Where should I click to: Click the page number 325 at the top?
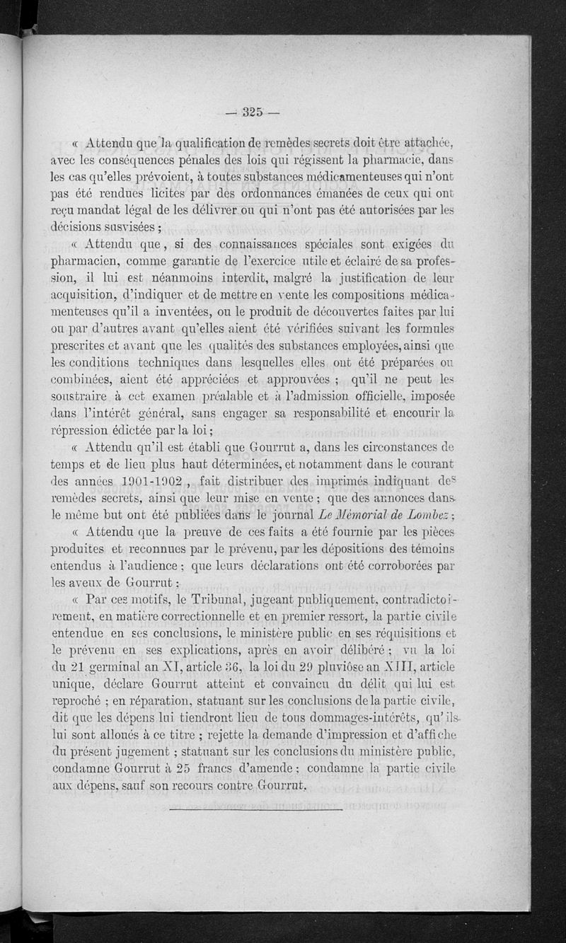click(x=253, y=110)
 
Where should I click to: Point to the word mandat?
click(x=115, y=210)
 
